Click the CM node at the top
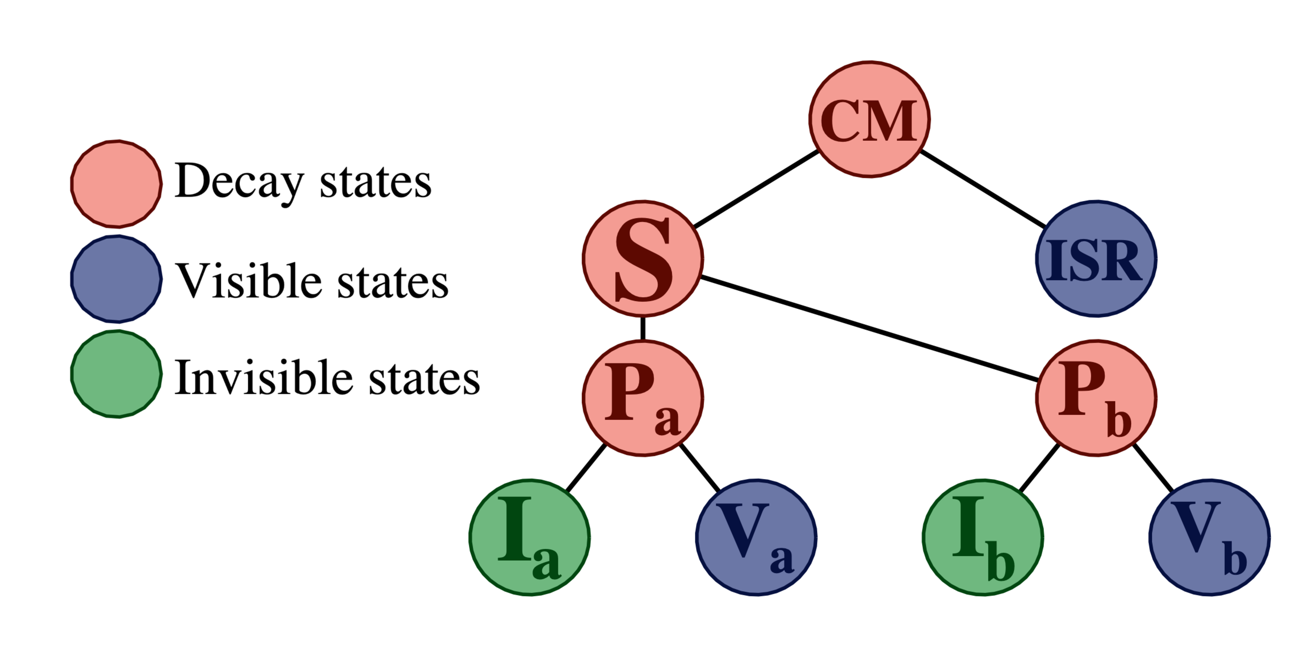pos(869,119)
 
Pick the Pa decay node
pos(643,398)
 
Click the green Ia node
pos(529,537)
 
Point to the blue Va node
pos(756,537)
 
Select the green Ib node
pos(983,537)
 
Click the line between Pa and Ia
pos(586,468)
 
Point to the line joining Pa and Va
pos(700,468)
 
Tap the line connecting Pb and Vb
pos(1153,468)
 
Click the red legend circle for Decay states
pos(117,183)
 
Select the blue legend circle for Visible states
pos(117,279)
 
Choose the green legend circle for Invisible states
pos(117,374)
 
